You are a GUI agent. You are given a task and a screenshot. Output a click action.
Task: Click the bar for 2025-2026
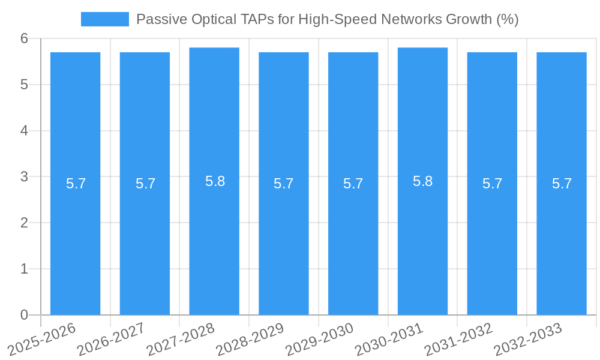75,240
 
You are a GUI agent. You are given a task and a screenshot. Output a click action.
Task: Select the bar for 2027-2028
214,240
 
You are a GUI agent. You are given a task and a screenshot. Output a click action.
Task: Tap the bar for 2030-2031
422,240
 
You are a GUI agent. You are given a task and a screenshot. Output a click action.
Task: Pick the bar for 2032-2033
562,240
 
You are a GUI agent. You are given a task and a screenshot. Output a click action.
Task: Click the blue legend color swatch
105,19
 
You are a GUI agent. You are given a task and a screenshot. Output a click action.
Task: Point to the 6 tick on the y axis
24,38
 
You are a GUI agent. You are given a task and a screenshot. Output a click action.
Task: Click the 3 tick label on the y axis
24,177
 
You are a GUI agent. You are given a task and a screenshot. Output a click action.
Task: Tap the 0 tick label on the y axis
24,315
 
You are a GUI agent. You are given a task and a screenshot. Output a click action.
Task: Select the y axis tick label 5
24,85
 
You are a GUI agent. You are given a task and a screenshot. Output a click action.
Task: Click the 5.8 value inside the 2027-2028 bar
215,181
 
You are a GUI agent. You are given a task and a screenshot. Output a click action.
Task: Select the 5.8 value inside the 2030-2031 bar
422,181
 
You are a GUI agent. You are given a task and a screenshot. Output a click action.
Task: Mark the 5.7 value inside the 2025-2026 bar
76,184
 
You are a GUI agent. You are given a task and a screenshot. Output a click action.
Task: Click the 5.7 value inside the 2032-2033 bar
562,184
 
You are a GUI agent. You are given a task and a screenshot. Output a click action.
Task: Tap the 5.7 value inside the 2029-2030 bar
353,184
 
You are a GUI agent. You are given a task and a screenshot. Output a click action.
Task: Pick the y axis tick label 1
24,269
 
